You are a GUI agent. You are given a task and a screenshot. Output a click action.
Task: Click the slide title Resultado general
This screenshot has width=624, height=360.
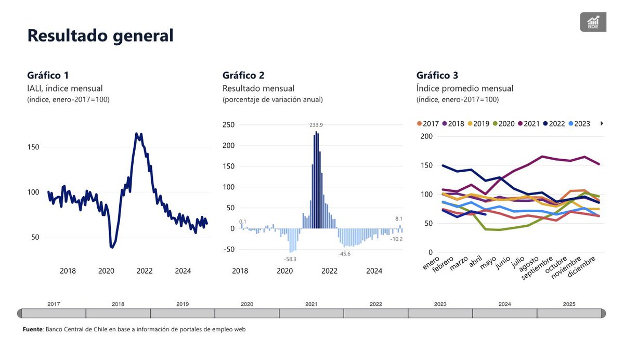[x=100, y=35]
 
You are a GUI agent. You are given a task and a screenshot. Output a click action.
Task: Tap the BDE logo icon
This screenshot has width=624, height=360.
[x=593, y=22]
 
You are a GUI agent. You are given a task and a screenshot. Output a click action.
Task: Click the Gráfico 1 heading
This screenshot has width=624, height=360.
[x=48, y=75]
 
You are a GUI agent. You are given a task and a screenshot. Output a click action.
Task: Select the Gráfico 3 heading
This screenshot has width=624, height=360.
[x=437, y=75]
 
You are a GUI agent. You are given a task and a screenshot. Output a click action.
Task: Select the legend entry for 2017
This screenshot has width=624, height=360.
[x=427, y=124]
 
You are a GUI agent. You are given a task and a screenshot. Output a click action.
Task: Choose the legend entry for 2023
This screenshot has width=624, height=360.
[x=579, y=124]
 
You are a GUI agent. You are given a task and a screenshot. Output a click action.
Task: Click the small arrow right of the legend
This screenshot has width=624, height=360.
[x=602, y=124]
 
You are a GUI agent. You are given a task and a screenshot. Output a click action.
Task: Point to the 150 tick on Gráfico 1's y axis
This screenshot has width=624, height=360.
[x=33, y=147]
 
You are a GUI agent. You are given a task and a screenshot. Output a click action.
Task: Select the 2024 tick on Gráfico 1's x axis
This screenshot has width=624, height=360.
[x=183, y=271]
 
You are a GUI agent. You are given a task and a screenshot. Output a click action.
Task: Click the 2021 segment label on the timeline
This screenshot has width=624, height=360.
[x=311, y=304]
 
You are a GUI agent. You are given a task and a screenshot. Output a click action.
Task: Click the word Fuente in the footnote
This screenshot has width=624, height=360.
[x=33, y=329]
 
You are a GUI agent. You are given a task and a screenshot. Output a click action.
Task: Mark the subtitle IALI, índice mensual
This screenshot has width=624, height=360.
[x=64, y=88]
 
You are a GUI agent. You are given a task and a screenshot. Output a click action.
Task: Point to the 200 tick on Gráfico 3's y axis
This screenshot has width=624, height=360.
[x=426, y=136]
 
